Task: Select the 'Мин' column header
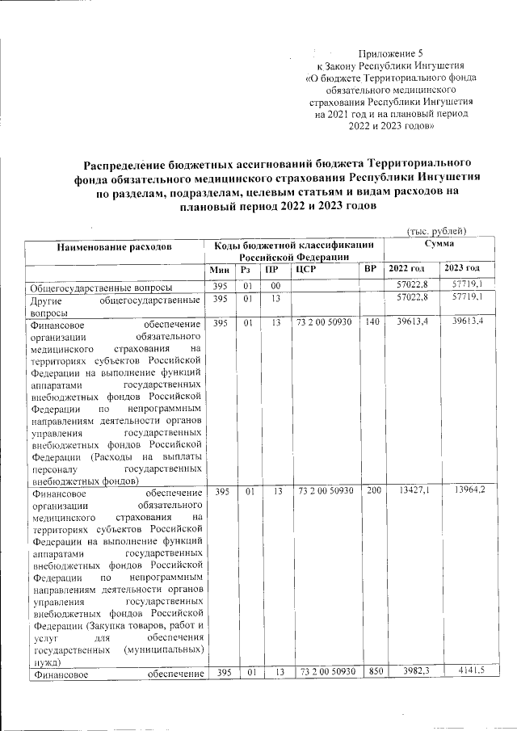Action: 220,268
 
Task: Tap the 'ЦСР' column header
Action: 305,268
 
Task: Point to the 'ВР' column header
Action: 370,268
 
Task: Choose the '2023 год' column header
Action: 461,268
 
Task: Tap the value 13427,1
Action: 413,490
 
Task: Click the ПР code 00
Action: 275,286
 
